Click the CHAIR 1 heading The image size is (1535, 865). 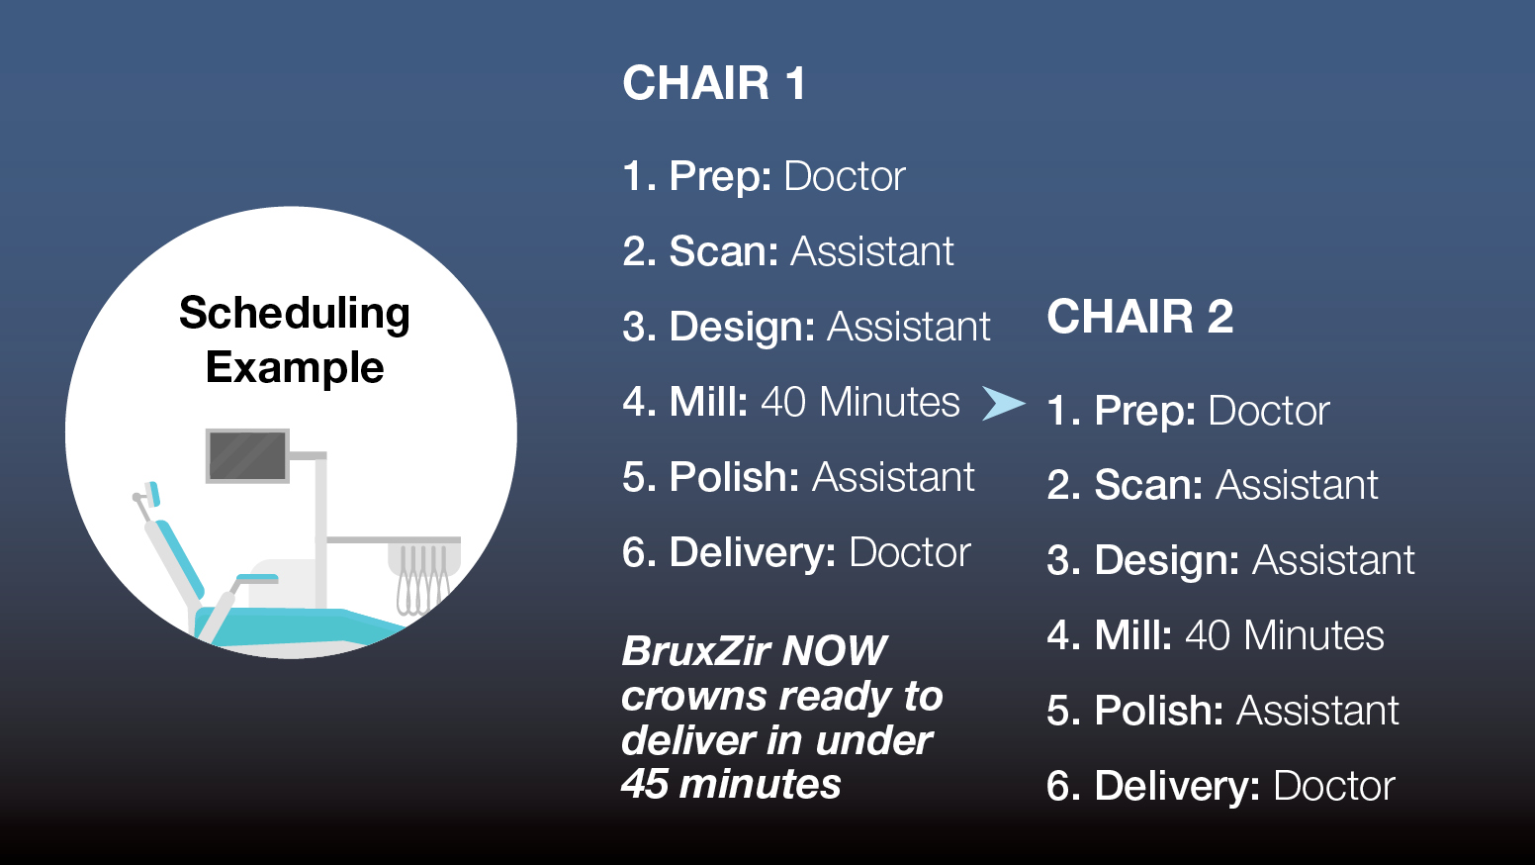pos(713,83)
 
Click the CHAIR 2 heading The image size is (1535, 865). pos(1139,318)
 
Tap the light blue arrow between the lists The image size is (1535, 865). pos(1003,403)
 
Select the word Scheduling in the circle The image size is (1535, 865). pos(295,314)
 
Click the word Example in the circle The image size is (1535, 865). pos(295,368)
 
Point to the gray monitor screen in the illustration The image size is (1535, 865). pos(247,455)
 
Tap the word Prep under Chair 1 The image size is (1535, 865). pos(719,177)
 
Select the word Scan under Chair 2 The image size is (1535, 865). pos(1147,486)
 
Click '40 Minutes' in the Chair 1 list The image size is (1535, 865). pos(859,403)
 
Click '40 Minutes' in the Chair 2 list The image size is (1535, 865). pos(1284,636)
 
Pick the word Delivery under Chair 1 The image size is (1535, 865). pos(753,553)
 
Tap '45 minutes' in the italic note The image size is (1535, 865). pos(731,785)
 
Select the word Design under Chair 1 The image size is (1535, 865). pos(741,328)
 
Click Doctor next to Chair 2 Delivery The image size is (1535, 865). pos(1333,787)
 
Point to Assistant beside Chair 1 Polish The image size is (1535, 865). pos(893,478)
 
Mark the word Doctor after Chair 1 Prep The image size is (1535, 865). pos(844,177)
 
